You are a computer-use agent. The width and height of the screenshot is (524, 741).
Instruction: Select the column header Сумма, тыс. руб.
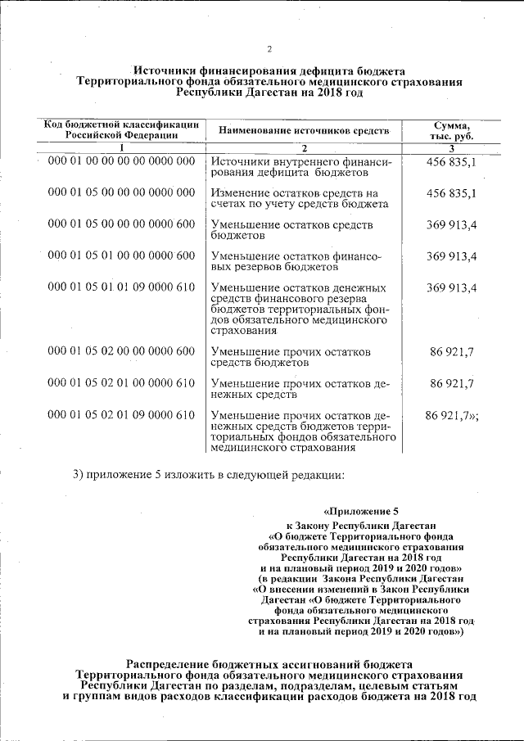pyautogui.click(x=451, y=130)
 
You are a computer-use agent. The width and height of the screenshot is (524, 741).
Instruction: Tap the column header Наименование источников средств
pyautogui.click(x=300, y=130)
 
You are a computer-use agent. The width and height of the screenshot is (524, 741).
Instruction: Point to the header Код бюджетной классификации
pyautogui.click(x=120, y=124)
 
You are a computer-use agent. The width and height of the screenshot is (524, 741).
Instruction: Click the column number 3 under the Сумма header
pyautogui.click(x=452, y=148)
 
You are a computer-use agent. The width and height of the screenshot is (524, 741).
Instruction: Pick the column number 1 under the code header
pyautogui.click(x=120, y=148)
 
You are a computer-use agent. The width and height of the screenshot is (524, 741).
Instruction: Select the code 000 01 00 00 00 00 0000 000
pyautogui.click(x=121, y=162)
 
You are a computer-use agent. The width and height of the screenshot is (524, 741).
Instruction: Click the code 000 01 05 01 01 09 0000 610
pyautogui.click(x=121, y=287)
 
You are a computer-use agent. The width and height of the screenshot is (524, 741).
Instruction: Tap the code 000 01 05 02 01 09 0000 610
pyautogui.click(x=121, y=416)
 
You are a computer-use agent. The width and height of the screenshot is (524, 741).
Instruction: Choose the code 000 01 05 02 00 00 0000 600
pyautogui.click(x=121, y=351)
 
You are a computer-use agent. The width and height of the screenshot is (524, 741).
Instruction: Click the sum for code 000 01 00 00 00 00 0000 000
pyautogui.click(x=451, y=162)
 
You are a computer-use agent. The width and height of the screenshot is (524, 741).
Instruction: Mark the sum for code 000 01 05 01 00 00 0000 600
pyautogui.click(x=451, y=256)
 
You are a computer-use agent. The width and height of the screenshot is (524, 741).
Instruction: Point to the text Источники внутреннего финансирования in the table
pyautogui.click(x=300, y=168)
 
